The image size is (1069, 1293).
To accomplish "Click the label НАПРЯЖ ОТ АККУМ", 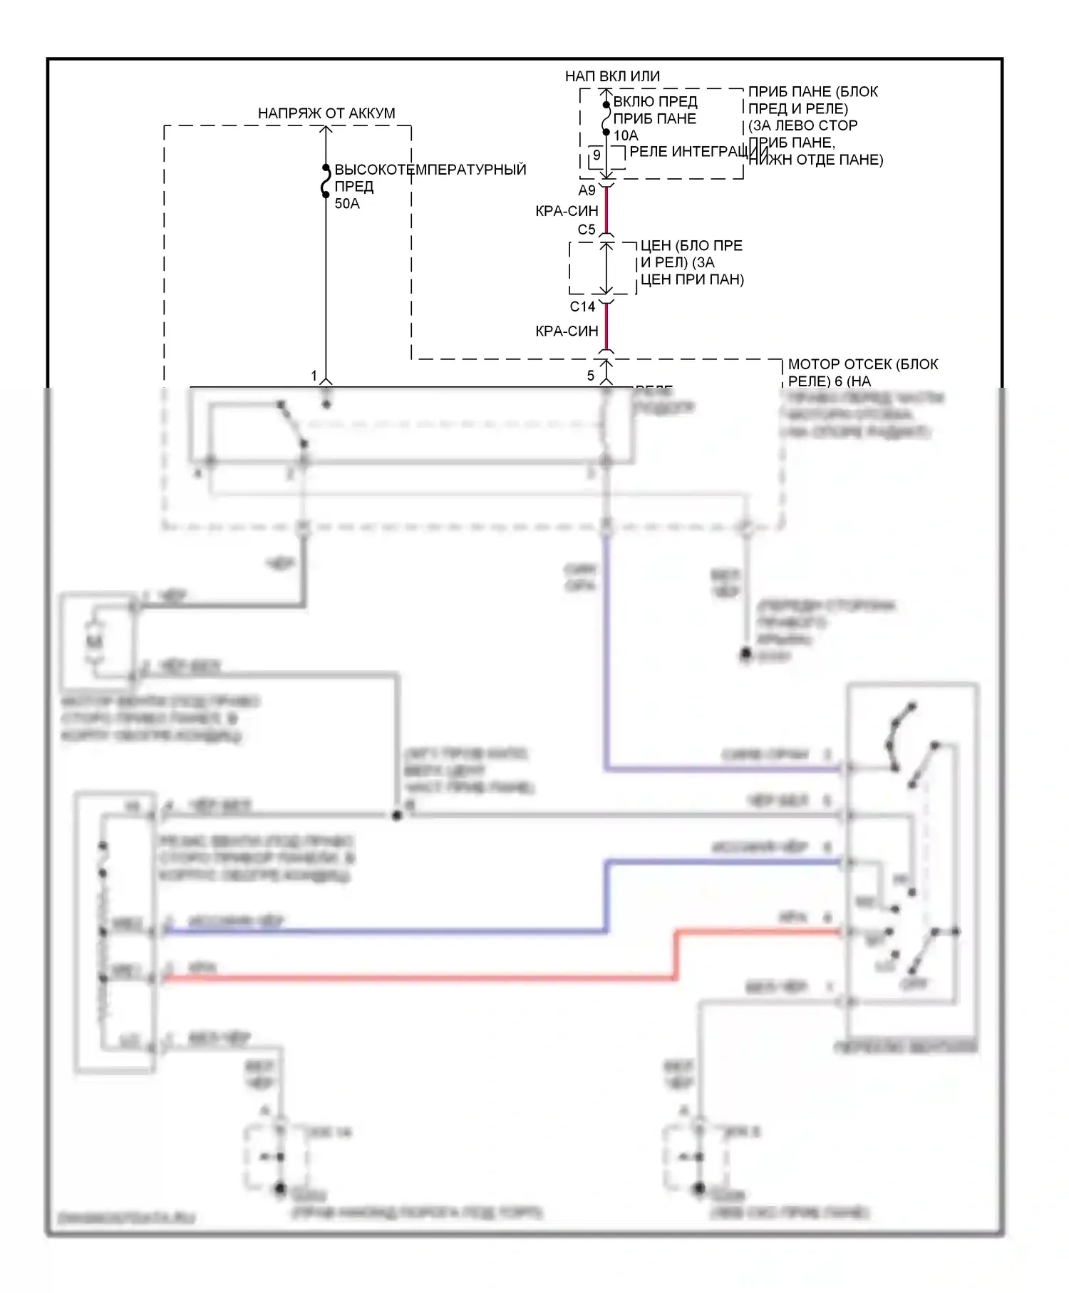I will coord(326,113).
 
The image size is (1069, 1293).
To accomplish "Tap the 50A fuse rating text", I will coord(347,204).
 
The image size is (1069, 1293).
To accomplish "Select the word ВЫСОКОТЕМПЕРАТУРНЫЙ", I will coord(430,170).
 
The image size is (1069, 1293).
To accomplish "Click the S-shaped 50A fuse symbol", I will coord(326,181).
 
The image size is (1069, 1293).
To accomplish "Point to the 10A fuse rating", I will coord(626,135).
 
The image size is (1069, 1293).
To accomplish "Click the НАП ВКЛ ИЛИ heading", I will coord(612,76).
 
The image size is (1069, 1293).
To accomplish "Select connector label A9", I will coord(587,190).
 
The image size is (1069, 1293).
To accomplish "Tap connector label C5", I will coord(587,230).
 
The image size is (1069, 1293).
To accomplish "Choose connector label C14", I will coord(582,306).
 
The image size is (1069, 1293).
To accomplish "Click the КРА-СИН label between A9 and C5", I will coord(567,211).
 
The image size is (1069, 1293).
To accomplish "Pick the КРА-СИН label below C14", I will coord(567,331).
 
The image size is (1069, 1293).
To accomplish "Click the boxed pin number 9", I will coord(597,155).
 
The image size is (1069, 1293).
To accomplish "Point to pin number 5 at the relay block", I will coord(590,376).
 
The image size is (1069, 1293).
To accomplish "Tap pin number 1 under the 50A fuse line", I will coord(314,376).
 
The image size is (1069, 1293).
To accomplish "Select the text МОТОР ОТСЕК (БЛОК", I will coord(862,364).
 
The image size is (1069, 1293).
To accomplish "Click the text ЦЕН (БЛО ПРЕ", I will coord(691,246).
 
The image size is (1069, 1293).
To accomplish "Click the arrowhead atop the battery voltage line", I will coord(326,130).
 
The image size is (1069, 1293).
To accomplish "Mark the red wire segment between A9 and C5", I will coord(606,210).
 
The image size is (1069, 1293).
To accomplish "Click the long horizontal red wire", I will coord(420,979).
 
